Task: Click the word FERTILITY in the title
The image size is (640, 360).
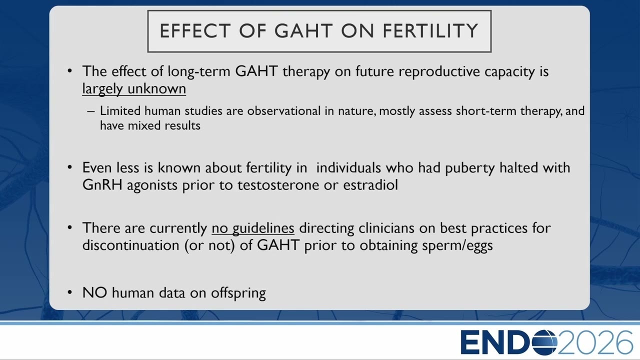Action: (430, 30)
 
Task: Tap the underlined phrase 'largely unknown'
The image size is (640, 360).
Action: (134, 89)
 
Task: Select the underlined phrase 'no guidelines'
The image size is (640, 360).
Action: (253, 228)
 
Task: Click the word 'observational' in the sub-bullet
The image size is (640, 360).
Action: (283, 111)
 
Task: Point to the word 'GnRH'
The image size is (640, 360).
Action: (102, 184)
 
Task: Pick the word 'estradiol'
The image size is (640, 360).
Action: (370, 184)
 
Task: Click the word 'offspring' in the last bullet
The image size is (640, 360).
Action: (238, 293)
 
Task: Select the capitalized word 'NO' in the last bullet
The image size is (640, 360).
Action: (94, 292)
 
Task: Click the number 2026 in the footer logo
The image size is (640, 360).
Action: (595, 342)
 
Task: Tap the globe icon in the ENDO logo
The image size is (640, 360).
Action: (544, 342)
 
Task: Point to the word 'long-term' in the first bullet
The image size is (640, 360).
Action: (199, 71)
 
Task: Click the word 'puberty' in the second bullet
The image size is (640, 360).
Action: (469, 168)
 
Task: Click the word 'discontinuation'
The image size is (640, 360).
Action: (130, 245)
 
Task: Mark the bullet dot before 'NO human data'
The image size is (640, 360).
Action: (69, 292)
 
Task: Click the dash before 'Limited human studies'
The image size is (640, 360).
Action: (91, 111)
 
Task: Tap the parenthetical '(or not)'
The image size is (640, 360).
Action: (209, 245)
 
